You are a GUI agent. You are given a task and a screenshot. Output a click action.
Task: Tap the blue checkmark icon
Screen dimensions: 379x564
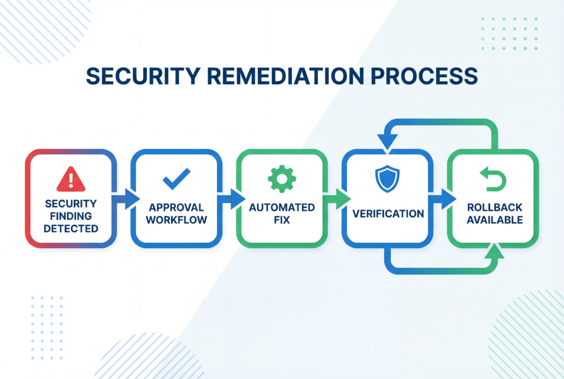pyautogui.click(x=176, y=179)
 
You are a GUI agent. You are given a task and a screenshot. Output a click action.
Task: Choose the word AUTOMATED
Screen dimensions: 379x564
pyautogui.click(x=281, y=208)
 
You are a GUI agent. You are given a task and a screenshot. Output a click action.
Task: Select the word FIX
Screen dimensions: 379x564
pyautogui.click(x=281, y=220)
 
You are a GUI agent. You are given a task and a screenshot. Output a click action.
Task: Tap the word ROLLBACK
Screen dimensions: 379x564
pyautogui.click(x=492, y=208)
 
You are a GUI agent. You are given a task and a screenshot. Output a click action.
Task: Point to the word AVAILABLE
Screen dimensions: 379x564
pyautogui.click(x=492, y=220)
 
